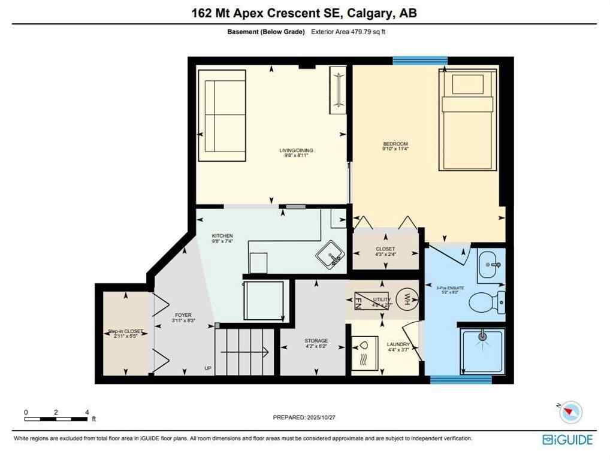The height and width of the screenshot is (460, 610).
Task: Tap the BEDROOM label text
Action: [x=395, y=144]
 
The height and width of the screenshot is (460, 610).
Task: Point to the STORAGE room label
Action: [x=316, y=341]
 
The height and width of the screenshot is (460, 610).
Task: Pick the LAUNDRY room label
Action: [x=398, y=344]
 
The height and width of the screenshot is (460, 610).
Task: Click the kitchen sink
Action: [x=331, y=255]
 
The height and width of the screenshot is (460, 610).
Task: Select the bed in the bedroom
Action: [x=468, y=120]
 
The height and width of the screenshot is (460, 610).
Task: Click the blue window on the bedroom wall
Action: [x=419, y=60]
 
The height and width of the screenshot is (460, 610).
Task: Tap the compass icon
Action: [x=570, y=412]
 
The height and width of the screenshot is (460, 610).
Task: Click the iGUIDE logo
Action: [x=567, y=440]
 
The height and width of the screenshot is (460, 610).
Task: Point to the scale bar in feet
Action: [x=56, y=417]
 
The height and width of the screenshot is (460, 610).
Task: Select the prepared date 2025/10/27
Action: [x=304, y=417]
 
